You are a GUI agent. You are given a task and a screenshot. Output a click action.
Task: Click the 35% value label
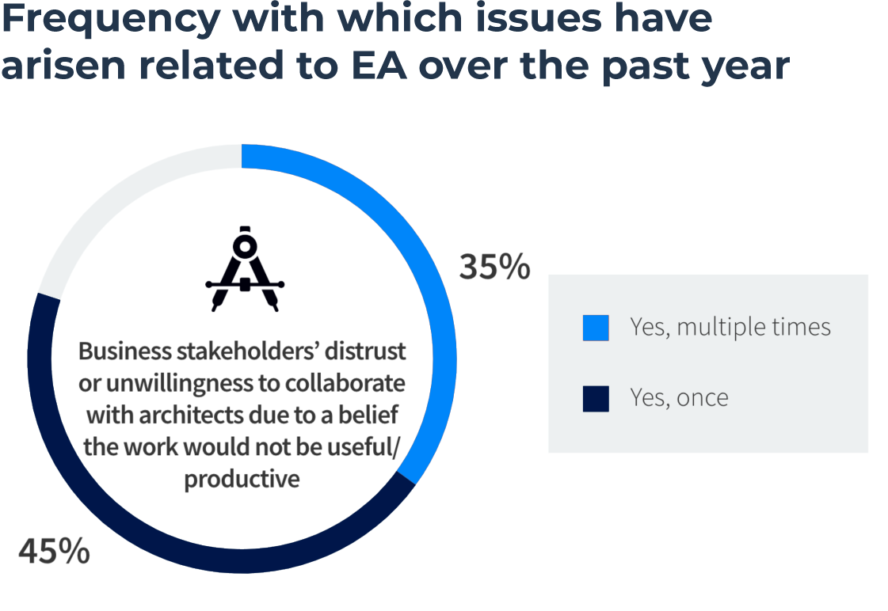coord(494,268)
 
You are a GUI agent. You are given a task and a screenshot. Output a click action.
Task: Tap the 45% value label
coord(54,551)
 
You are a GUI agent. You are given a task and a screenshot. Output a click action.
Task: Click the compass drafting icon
coord(245,270)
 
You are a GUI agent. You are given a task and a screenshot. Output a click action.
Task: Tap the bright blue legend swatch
coord(596,328)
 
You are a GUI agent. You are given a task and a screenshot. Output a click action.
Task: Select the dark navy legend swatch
coord(596,397)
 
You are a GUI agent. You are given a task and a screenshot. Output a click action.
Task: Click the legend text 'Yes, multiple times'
coord(730,327)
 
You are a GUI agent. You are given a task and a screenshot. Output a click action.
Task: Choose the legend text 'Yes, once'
coord(679,397)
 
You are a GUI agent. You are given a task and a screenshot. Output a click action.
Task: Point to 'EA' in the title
coord(379,66)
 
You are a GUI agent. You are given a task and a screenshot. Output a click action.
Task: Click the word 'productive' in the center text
coord(242,480)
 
